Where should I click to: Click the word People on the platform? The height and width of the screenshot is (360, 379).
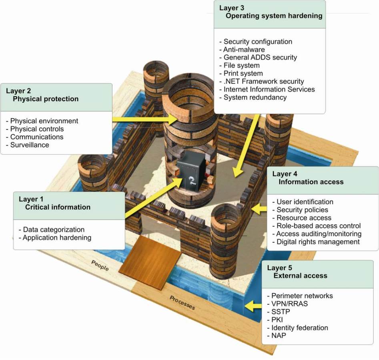pos(100,266)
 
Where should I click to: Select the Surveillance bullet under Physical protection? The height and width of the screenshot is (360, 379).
pos(29,145)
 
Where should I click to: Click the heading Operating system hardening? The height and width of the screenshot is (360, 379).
pos(274,16)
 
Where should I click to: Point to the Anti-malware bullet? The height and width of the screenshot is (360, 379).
pos(244,50)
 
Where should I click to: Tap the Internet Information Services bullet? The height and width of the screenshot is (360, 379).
pos(269,89)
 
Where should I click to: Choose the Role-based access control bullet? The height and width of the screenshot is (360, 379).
pos(318,226)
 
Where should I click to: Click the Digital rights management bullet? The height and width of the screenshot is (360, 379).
pos(318,242)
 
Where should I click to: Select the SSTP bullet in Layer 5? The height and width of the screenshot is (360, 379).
pos(277,312)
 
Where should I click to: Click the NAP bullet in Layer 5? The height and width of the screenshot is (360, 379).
pos(276,336)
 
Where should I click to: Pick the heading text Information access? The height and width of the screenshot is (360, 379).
pos(311,182)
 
